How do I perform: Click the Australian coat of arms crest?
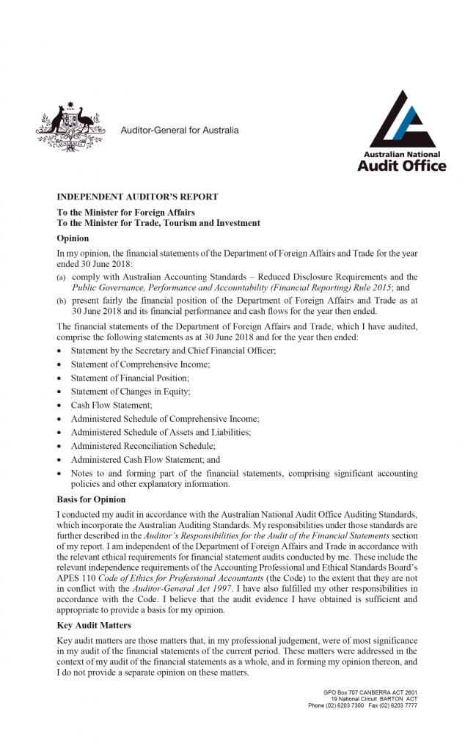click(67, 128)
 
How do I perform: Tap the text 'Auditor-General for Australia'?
click(180, 131)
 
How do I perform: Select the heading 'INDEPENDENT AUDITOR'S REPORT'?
click(137, 197)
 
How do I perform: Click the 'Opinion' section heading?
click(73, 238)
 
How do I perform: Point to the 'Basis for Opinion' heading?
click(91, 499)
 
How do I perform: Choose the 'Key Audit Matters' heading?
click(93, 625)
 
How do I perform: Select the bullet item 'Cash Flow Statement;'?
click(111, 405)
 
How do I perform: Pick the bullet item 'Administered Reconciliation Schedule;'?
click(143, 445)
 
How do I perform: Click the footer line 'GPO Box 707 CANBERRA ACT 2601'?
click(370, 692)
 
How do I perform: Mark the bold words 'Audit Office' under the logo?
click(401, 166)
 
